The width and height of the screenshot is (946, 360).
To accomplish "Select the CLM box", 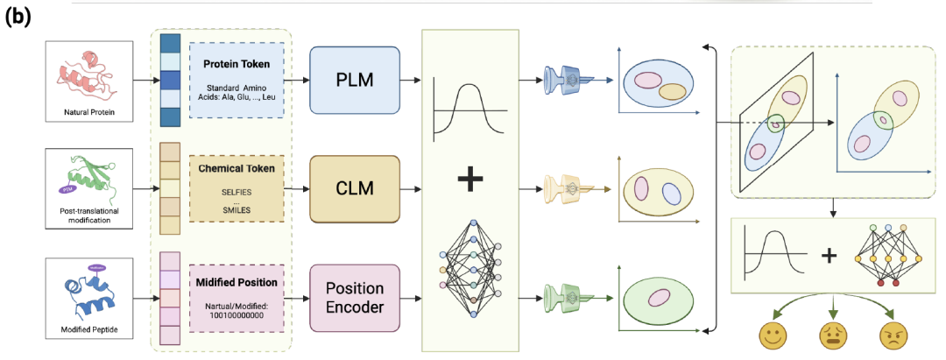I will pyautogui.click(x=354, y=190).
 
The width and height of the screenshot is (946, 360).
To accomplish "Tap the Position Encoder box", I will pyautogui.click(x=354, y=299).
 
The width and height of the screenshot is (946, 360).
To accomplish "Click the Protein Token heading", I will pyautogui.click(x=236, y=64).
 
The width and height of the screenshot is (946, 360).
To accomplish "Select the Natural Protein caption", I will pyautogui.click(x=88, y=112).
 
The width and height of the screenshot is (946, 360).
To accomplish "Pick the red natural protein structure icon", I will pyautogui.click(x=87, y=77).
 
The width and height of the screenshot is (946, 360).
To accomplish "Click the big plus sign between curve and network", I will pyautogui.click(x=470, y=180).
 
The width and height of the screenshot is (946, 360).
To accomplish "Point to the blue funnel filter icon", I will pyautogui.click(x=568, y=80).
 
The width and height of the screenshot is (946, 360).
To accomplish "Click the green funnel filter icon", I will pyautogui.click(x=568, y=296).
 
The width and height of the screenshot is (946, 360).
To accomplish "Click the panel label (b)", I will pyautogui.click(x=18, y=18).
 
